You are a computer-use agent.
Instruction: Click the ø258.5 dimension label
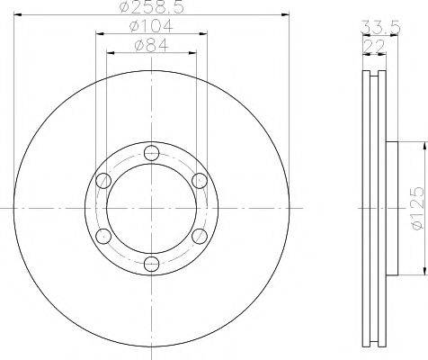151,6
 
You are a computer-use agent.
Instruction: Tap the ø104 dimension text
151,26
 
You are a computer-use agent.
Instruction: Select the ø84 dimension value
152,46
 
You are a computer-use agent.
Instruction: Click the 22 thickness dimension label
374,46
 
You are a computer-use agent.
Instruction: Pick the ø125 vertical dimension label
417,208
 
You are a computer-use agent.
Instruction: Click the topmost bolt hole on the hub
151,153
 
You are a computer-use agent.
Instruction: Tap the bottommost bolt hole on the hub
151,264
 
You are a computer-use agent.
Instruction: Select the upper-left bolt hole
103,181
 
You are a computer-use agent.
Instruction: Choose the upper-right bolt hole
200,181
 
